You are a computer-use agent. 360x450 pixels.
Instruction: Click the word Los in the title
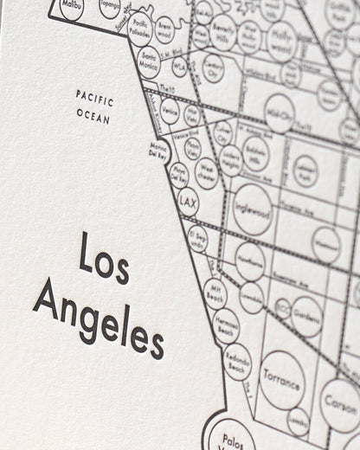[x=103, y=257]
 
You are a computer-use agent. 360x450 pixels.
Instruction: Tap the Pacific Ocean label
[x=94, y=106]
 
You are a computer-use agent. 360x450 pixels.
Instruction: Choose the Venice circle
[x=170, y=110]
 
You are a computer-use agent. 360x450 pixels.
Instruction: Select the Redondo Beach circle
[x=236, y=363]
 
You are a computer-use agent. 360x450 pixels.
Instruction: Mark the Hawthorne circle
[x=250, y=261]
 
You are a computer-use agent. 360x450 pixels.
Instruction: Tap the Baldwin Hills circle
[x=255, y=153]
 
